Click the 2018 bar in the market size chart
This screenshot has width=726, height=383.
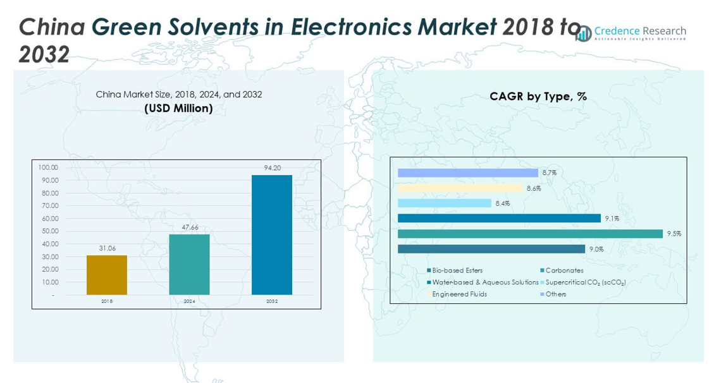pos(107,275)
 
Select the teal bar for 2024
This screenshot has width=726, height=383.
pos(189,264)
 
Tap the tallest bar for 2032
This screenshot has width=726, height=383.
pos(272,234)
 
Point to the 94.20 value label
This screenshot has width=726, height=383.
pos(272,168)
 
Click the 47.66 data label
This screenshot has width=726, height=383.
pos(189,228)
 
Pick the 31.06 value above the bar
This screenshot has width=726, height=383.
pos(107,248)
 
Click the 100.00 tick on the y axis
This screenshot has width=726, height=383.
pos(49,167)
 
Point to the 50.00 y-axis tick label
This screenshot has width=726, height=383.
pos(49,231)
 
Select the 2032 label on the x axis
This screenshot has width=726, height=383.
pos(272,301)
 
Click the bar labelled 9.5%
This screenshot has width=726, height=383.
pos(530,234)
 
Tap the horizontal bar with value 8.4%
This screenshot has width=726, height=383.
pos(445,203)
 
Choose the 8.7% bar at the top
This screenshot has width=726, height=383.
pos(468,173)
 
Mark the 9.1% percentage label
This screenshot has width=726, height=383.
pos(612,219)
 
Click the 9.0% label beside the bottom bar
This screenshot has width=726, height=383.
pos(596,249)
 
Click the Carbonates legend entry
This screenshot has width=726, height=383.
pos(564,271)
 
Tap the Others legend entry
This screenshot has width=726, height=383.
pos(556,294)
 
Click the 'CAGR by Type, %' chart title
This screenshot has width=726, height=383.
pos(538,97)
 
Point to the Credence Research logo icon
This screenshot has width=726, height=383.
pos(583,34)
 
